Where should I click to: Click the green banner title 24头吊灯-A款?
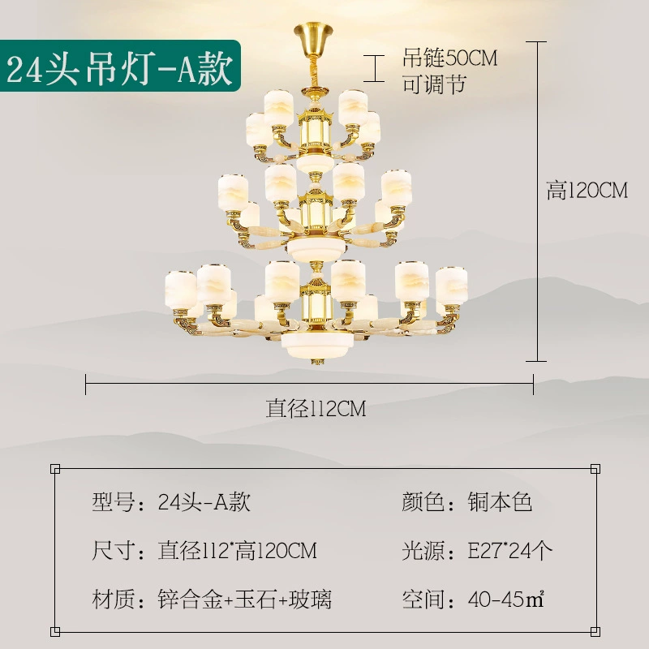click(119, 68)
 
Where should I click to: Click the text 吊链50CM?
click(450, 58)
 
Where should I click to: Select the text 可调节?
click(434, 84)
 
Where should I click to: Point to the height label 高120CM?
click(587, 191)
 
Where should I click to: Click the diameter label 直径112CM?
click(316, 409)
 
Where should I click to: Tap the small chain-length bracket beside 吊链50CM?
click(374, 68)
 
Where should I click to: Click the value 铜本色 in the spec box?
click(500, 502)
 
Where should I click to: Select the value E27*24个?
click(509, 551)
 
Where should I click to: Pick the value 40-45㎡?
click(505, 600)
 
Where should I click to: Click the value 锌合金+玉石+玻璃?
click(245, 600)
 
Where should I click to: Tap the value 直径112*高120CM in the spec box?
click(237, 551)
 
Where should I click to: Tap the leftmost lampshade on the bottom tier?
click(180, 290)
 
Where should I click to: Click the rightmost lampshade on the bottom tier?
click(451, 286)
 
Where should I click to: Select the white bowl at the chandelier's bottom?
click(317, 344)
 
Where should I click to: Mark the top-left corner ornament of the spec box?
click(55, 469)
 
